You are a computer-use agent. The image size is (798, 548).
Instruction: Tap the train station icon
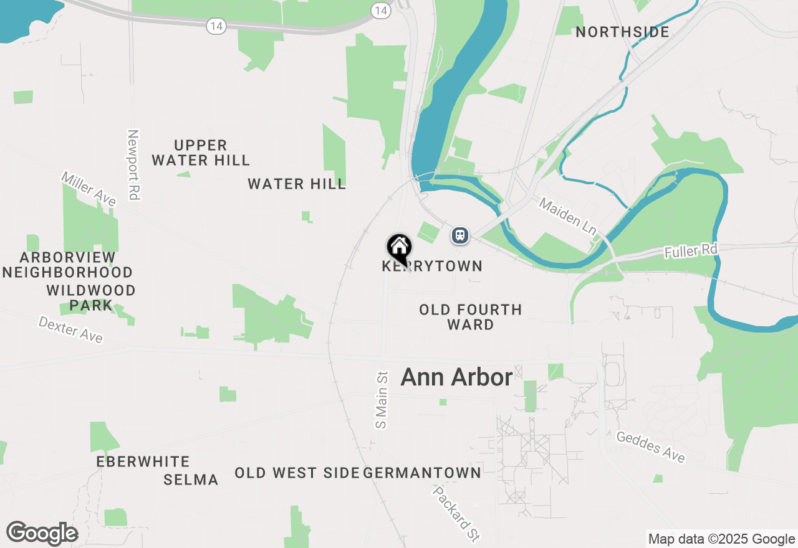pos(460,235)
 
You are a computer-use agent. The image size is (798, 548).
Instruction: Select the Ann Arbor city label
pos(456,377)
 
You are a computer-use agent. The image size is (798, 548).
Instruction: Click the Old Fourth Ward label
pos(470,317)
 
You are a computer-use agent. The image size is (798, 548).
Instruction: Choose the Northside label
pos(622,32)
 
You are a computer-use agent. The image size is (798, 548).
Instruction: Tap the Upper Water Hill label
pos(200,153)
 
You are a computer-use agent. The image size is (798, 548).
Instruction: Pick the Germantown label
pos(422,473)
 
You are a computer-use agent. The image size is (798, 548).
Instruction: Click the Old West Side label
pos(297,473)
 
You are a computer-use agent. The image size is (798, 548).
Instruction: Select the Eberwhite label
pos(143,461)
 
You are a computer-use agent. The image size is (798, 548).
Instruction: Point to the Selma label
pos(191,479)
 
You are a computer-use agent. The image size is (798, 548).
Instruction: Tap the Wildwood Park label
pos(91,298)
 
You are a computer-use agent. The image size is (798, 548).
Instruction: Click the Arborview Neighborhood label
pos(68,265)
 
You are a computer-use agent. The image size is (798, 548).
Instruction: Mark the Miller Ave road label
pos(89,189)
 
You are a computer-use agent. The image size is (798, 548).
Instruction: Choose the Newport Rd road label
pos(133,164)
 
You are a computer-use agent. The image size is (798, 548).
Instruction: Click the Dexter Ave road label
pos(70,329)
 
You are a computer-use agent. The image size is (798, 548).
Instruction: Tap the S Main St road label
pos(382,399)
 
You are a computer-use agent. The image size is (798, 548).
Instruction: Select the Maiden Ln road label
pos(568,217)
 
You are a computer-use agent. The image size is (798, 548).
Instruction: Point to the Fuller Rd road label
pos(691,251)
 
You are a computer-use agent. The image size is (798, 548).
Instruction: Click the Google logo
pos(42,534)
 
